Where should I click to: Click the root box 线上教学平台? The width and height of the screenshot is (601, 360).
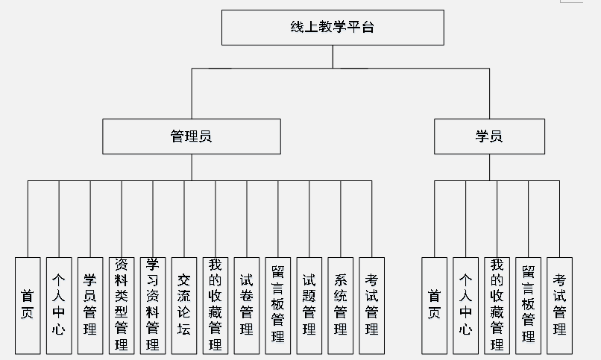tap(333, 28)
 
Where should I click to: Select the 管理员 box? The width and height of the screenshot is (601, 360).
tap(192, 136)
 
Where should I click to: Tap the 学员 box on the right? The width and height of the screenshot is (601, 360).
tap(489, 136)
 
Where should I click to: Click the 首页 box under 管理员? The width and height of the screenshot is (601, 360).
tap(28, 305)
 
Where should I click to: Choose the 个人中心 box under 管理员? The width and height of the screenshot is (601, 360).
tap(59, 305)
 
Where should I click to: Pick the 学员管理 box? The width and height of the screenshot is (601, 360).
tap(90, 305)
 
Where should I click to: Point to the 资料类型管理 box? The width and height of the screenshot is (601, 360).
tap(122, 305)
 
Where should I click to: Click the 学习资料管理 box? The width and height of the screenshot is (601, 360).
tap(153, 305)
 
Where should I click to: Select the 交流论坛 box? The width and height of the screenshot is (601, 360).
tap(184, 305)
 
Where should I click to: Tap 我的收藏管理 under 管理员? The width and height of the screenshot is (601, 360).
tap(215, 305)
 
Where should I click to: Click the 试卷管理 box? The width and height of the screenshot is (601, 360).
tap(247, 305)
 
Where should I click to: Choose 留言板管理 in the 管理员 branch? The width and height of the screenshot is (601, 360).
tap(278, 305)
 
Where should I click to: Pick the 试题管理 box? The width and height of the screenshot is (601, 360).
tap(309, 305)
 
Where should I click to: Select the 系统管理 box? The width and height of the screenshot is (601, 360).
tap(341, 305)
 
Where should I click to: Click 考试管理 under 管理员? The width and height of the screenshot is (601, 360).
tap(372, 305)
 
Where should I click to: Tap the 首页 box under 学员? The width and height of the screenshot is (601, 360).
tap(435, 305)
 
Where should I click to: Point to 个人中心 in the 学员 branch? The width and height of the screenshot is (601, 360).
tap(466, 305)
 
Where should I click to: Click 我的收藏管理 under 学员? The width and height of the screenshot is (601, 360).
tap(497, 305)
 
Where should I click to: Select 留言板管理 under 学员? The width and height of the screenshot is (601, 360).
tap(529, 305)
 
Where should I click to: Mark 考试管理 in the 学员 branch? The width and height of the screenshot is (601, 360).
tap(560, 305)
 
